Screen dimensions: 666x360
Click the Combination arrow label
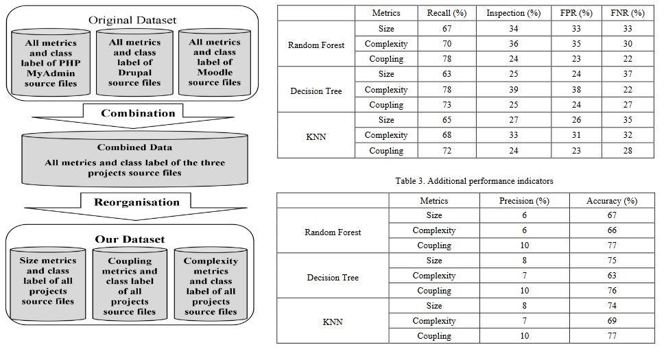coord(138,113)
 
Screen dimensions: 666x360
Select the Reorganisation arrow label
coord(136,202)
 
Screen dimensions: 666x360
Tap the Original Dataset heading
coord(132,20)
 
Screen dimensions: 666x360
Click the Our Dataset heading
coord(130,239)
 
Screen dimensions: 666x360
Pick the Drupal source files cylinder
coord(134,62)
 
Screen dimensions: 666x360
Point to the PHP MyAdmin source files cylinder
coord(51,63)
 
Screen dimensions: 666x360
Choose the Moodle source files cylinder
coord(215,62)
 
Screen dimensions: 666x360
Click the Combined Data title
coord(134,147)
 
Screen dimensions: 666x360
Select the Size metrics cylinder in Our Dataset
coord(47,285)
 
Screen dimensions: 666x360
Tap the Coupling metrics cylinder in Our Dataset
coord(130,285)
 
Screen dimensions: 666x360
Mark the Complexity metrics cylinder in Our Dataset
coord(211,285)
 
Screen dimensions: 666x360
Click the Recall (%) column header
coord(447,13)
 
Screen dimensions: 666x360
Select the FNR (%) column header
coord(628,13)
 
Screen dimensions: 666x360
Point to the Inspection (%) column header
coord(514,13)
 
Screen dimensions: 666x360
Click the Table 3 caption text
coord(474,181)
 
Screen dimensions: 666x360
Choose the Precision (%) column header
coord(524,201)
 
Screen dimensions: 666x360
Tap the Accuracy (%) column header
coord(612,201)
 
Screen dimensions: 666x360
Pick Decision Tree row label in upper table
coord(316,91)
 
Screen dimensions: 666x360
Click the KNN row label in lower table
coord(333,322)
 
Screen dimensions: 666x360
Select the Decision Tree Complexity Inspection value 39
coord(514,90)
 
